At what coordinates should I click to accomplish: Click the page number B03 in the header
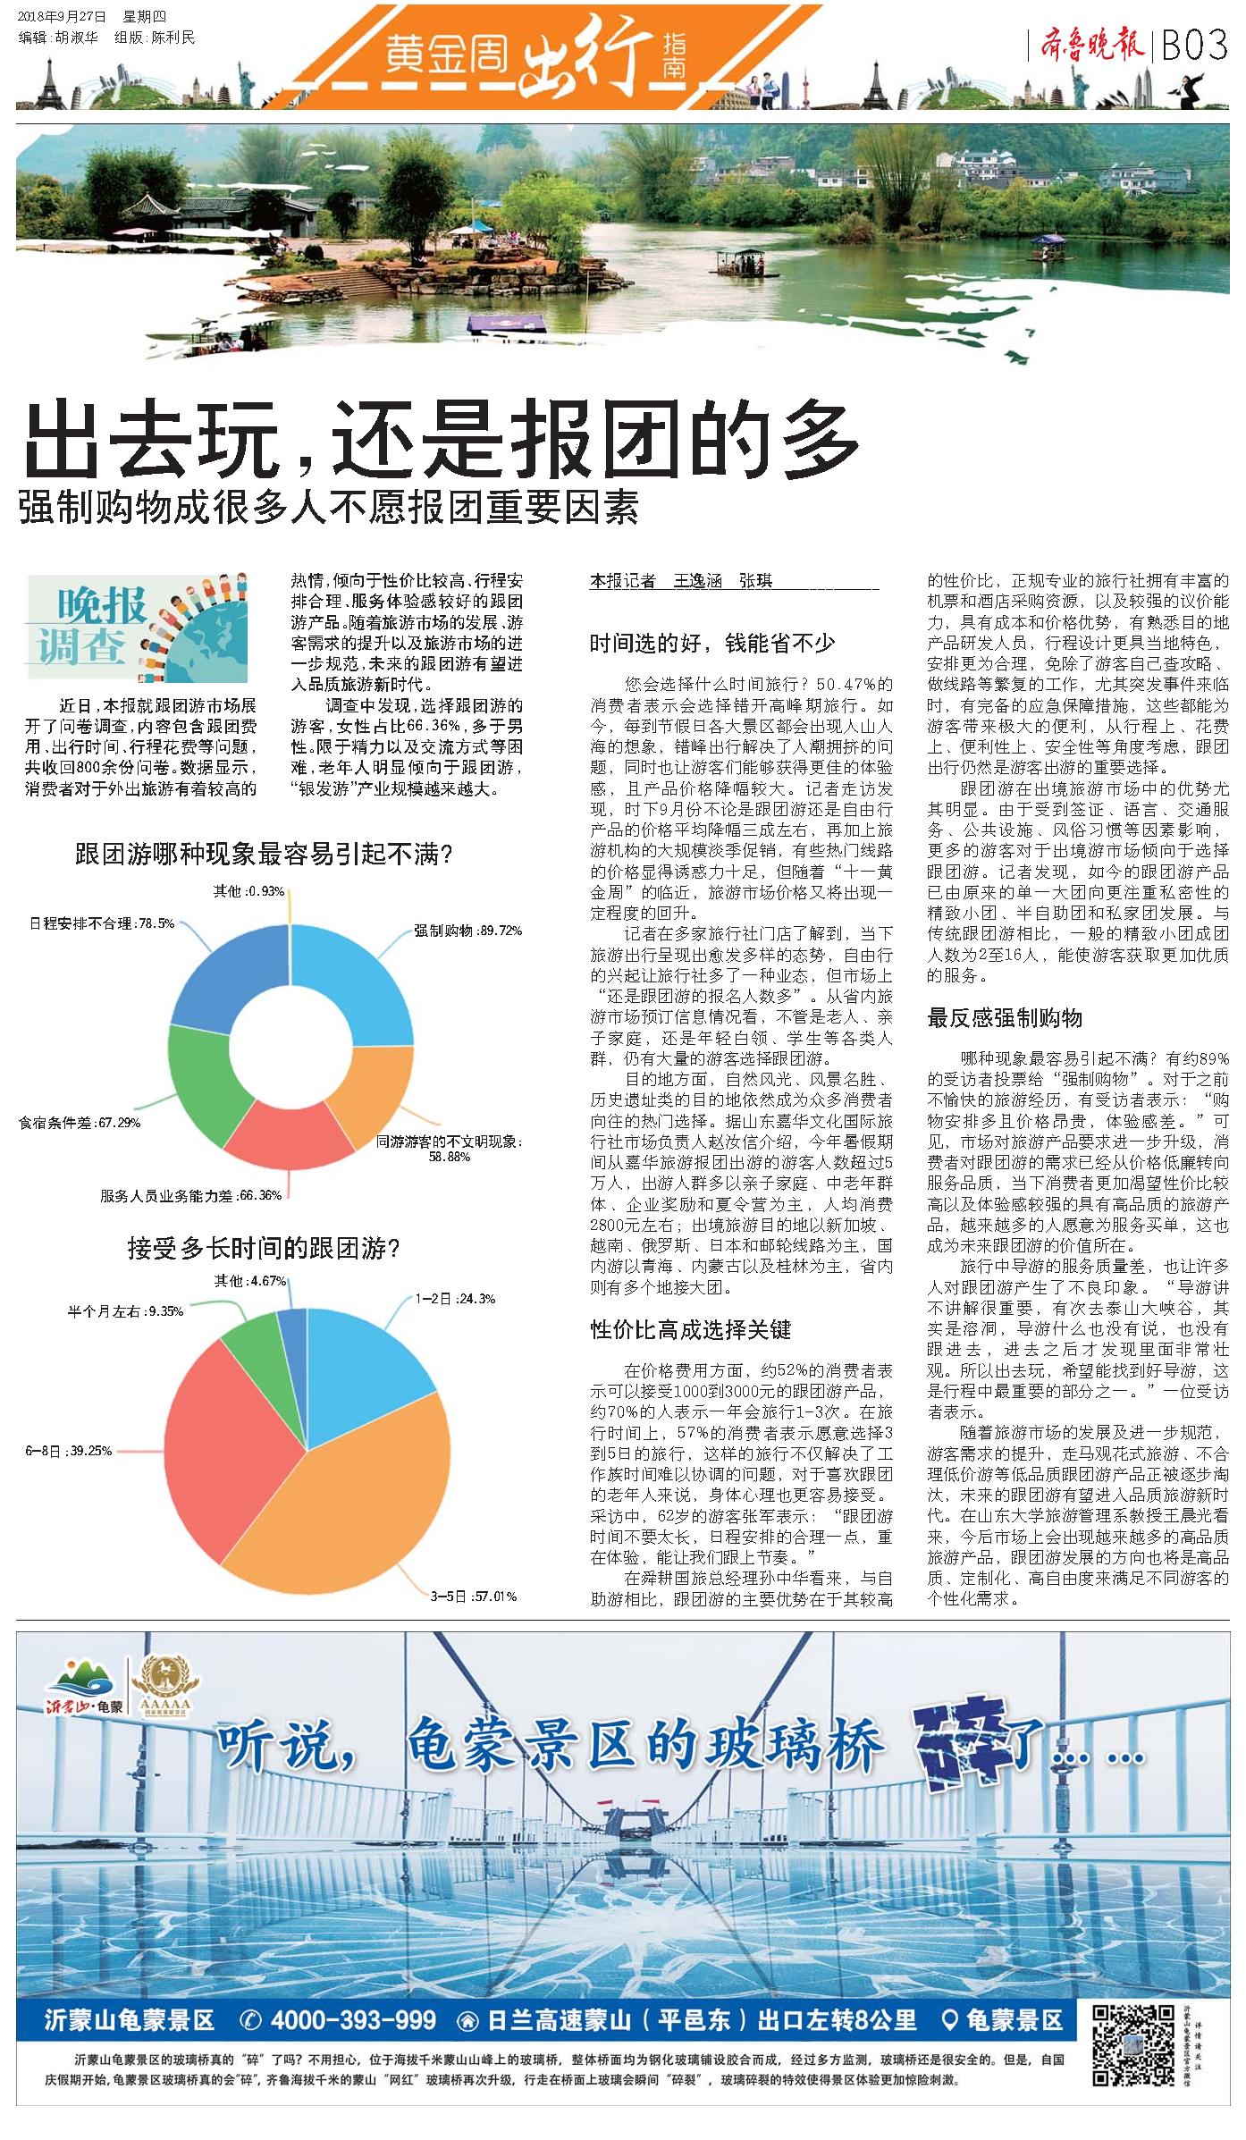point(1194,46)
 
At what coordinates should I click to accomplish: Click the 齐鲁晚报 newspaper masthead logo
point(1091,45)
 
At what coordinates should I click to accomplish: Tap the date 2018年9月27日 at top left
point(62,16)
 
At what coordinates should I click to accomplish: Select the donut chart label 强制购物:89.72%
point(467,931)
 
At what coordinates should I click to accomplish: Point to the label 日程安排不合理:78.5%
point(102,923)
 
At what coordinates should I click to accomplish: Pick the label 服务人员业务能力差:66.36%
point(190,1195)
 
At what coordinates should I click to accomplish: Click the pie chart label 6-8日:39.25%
point(68,1451)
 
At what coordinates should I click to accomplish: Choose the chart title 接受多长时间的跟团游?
point(263,1248)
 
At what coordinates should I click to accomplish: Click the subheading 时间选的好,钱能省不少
point(711,644)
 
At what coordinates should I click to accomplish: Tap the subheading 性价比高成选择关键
point(690,1330)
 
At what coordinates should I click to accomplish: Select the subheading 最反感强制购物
point(1004,1018)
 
